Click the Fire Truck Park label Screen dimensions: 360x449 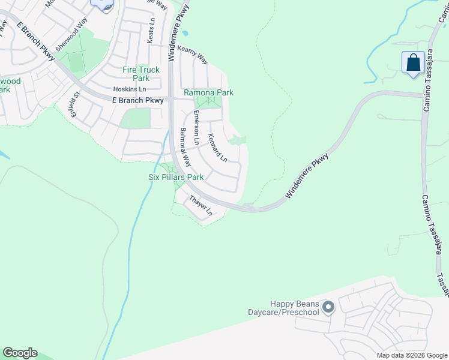tap(141, 74)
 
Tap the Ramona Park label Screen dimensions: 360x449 tap(208, 93)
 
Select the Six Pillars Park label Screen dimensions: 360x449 tap(176, 178)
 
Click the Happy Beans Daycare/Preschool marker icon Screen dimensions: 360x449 tap(328, 308)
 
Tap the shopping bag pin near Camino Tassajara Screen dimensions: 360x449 tap(413, 63)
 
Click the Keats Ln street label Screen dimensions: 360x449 tap(152, 29)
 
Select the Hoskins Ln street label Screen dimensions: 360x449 tap(130, 89)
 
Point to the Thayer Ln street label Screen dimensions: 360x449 tap(201, 205)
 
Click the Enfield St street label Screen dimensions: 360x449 tap(74, 104)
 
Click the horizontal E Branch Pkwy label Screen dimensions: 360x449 tap(138, 101)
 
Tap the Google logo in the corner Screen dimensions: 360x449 tap(20, 353)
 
